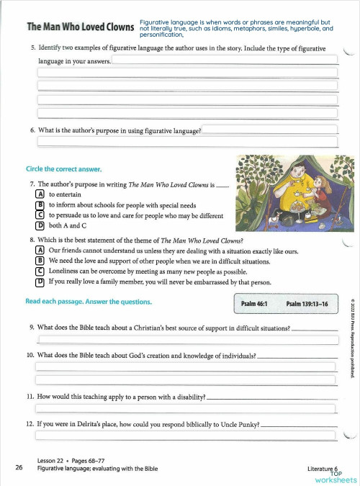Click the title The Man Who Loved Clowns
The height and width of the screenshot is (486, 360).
point(80,28)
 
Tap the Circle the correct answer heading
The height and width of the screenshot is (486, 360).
point(63,169)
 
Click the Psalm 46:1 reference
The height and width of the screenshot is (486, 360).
point(256,305)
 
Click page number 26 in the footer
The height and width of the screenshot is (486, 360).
point(19,467)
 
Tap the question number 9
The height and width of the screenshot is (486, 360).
point(32,328)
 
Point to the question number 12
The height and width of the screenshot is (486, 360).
point(30,424)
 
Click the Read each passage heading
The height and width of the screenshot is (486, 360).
point(84,302)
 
